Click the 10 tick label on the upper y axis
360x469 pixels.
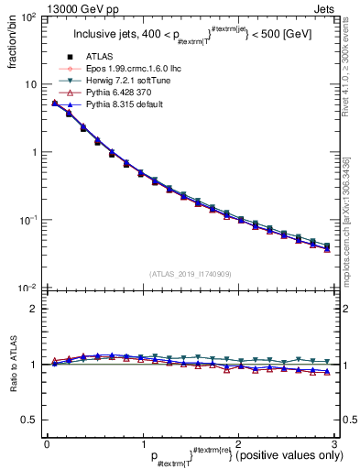click(28, 84)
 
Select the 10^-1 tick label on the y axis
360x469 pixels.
click(27, 220)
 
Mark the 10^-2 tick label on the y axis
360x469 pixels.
click(27, 288)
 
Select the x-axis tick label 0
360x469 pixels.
click(47, 443)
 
